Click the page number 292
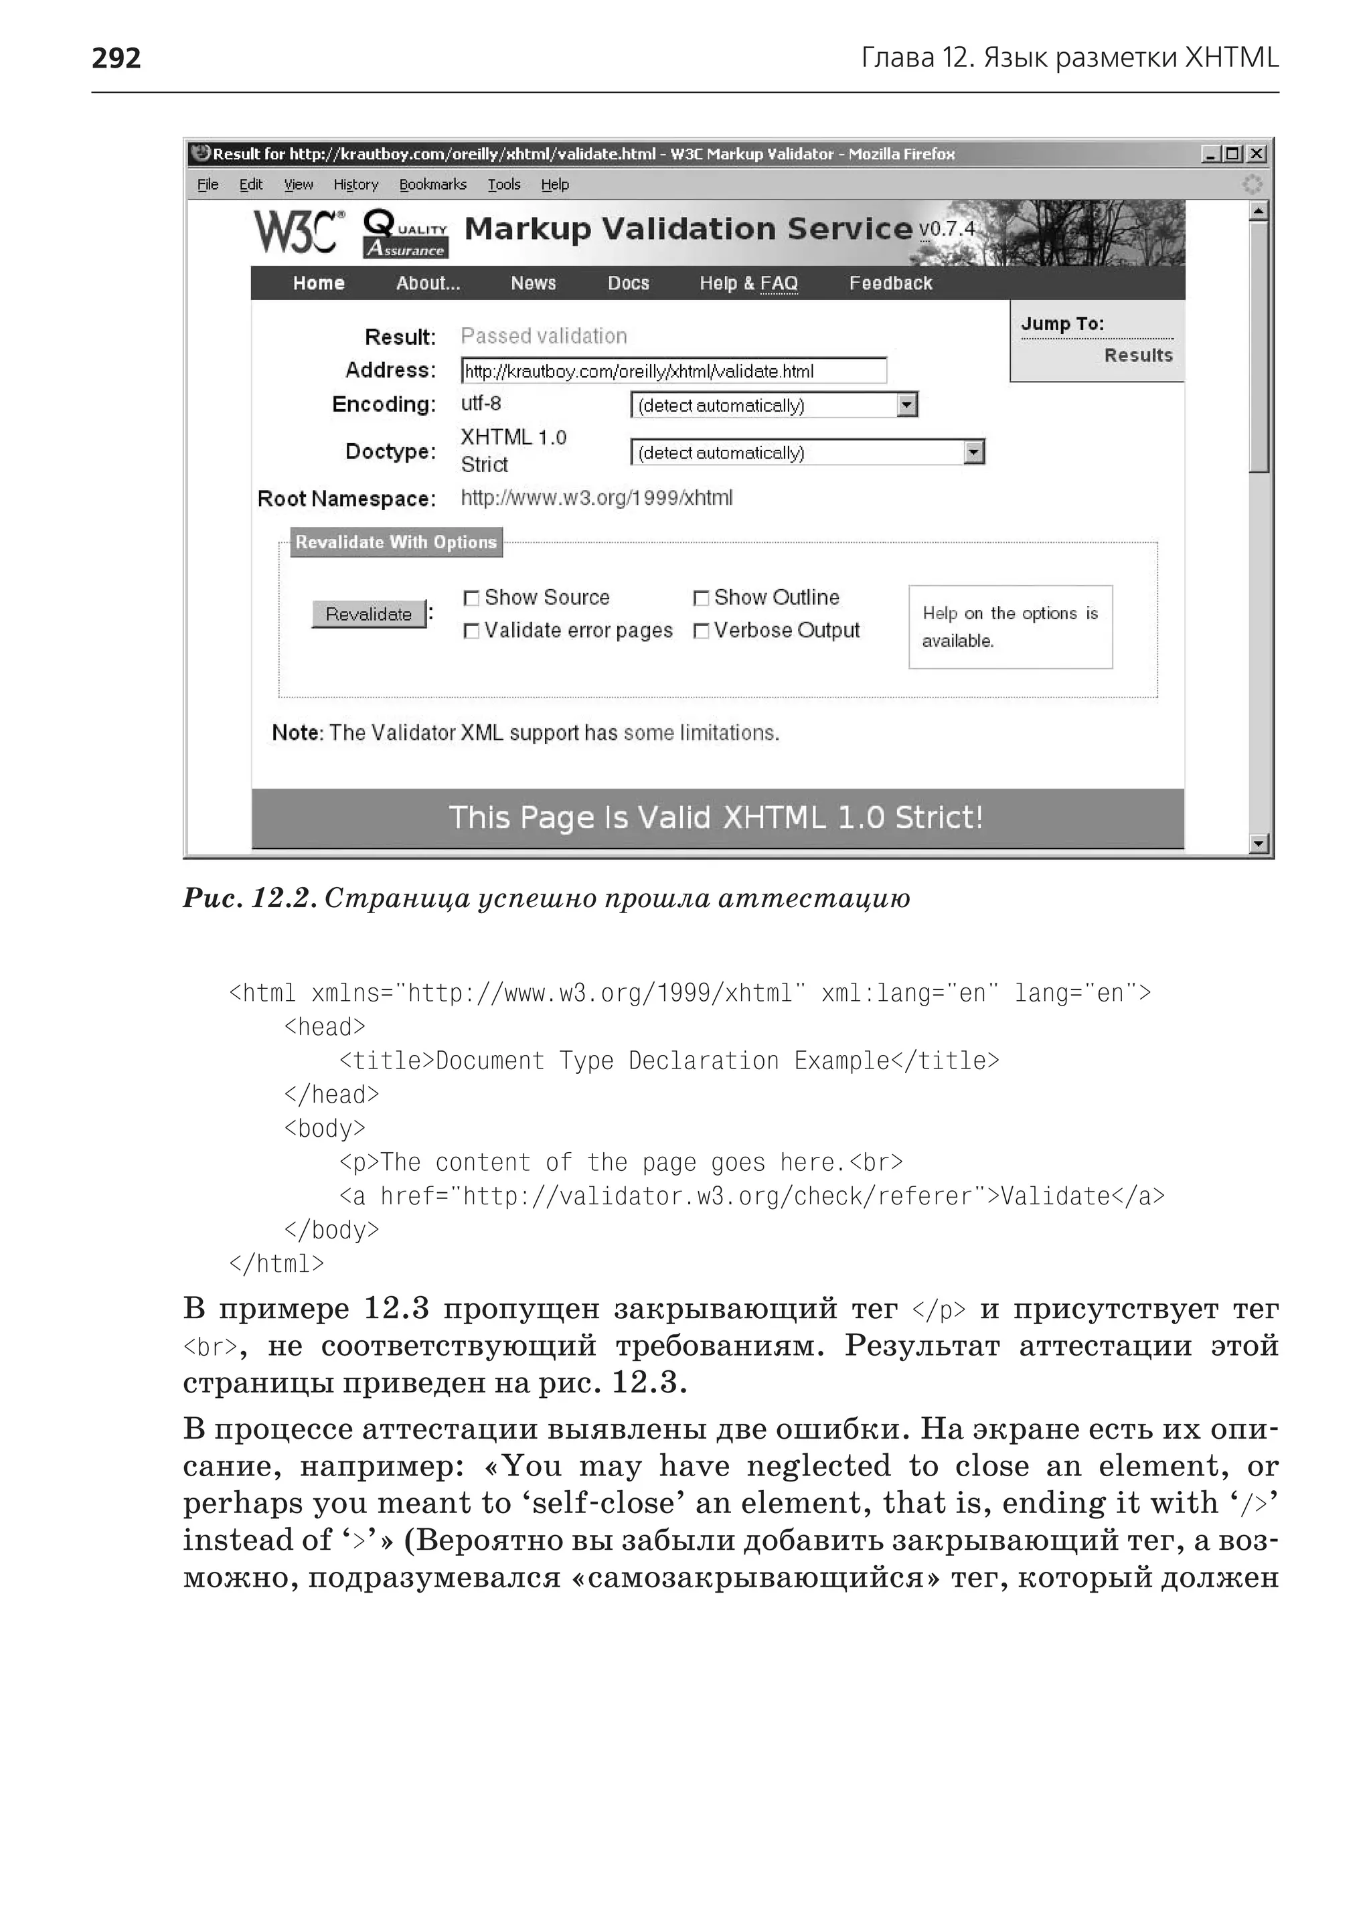116,58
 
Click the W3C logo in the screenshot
299,232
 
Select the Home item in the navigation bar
318,283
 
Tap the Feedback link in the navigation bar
890,283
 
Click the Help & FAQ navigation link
748,283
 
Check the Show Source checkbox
471,598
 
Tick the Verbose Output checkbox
701,631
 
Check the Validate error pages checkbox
471,631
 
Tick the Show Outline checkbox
701,598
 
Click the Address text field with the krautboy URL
673,371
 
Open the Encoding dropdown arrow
906,405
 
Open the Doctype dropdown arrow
974,453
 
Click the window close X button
1257,154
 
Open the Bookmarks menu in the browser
432,184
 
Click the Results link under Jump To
1138,355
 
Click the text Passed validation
544,336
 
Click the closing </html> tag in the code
276,1263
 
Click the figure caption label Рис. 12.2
250,898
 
